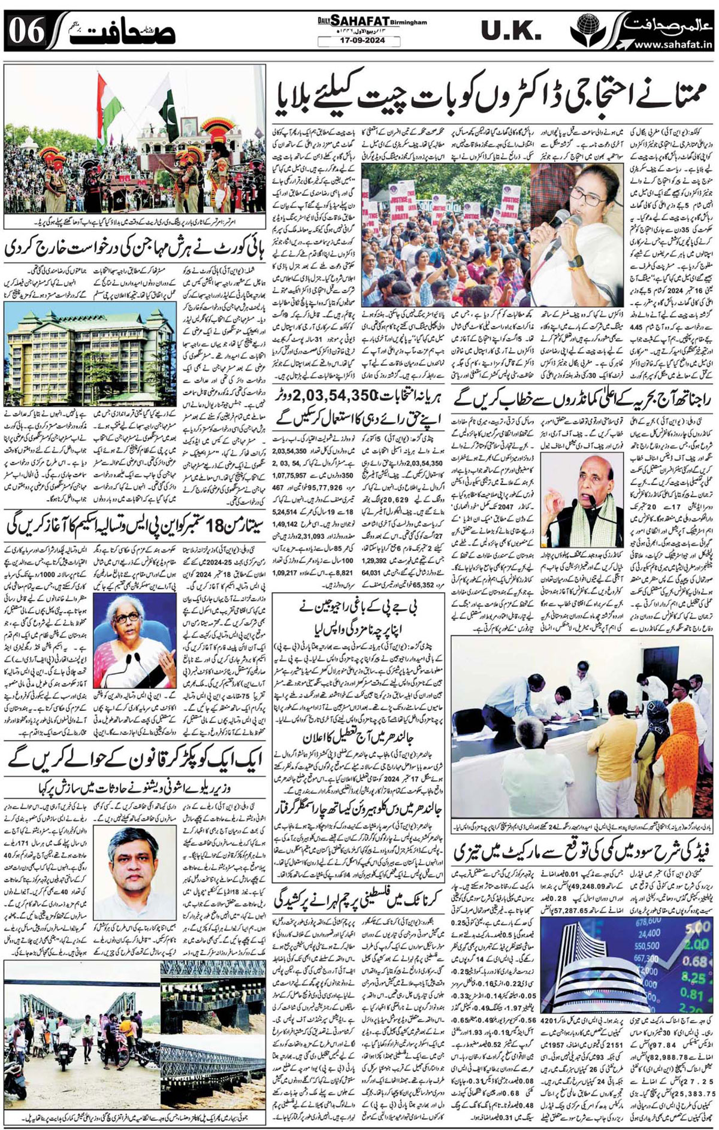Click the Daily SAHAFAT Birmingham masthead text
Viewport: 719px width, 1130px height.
(x=372, y=21)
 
